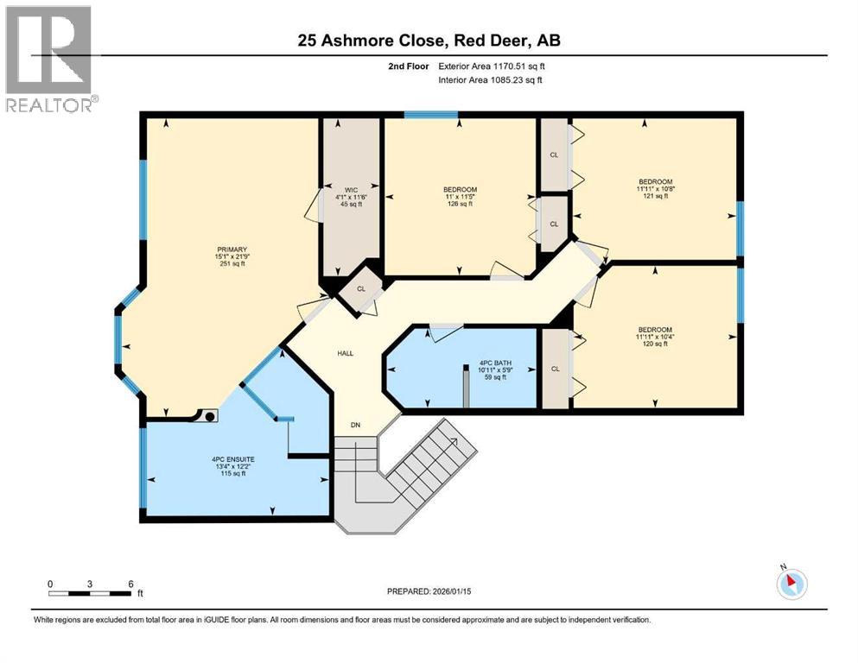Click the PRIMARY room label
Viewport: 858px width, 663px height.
coord(232,249)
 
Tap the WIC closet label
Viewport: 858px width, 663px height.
coord(351,190)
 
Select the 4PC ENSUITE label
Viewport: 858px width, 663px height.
coord(233,459)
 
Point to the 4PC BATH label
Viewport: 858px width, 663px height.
coord(495,363)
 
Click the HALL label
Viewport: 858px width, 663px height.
coord(346,354)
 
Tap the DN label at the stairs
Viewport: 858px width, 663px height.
coord(356,425)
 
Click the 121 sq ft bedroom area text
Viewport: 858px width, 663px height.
coord(655,196)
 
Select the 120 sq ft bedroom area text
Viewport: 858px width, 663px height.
coord(655,344)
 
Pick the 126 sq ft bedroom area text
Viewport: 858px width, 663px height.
coord(460,204)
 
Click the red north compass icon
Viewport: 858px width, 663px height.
coord(791,584)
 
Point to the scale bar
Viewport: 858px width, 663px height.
coord(90,593)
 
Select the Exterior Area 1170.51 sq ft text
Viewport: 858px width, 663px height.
coord(492,66)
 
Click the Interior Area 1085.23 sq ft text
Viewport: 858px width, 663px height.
coord(490,79)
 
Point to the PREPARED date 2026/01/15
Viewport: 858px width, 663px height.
coord(429,591)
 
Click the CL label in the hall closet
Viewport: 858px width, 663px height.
coord(361,289)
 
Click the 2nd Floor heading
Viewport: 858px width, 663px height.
coord(408,66)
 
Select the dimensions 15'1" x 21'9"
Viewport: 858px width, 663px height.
coord(232,256)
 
